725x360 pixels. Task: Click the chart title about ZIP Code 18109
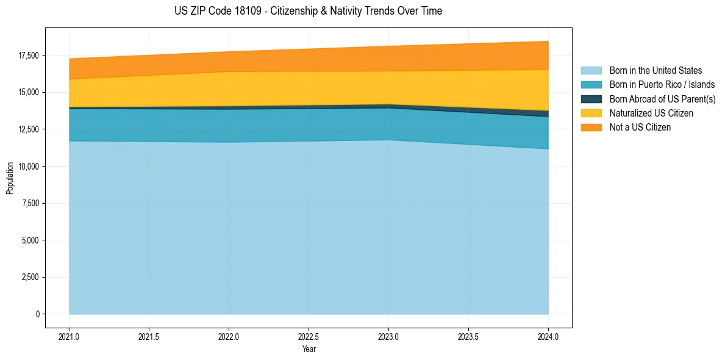[x=308, y=11]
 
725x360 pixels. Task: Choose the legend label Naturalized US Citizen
[x=651, y=113]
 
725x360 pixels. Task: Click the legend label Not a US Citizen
[x=640, y=127]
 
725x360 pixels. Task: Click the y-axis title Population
[x=10, y=178]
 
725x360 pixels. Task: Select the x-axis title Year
[x=309, y=349]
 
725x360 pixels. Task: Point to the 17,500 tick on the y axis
[x=28, y=56]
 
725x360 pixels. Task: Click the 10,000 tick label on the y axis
[x=28, y=166]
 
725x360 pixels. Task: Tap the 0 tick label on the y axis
[x=37, y=314]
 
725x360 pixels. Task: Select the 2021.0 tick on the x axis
[x=70, y=336]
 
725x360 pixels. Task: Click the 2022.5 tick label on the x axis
[x=309, y=336]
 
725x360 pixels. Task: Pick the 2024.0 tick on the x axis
[x=548, y=336]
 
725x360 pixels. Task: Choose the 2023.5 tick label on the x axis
[x=468, y=336]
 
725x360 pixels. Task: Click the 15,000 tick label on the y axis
[x=28, y=92]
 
